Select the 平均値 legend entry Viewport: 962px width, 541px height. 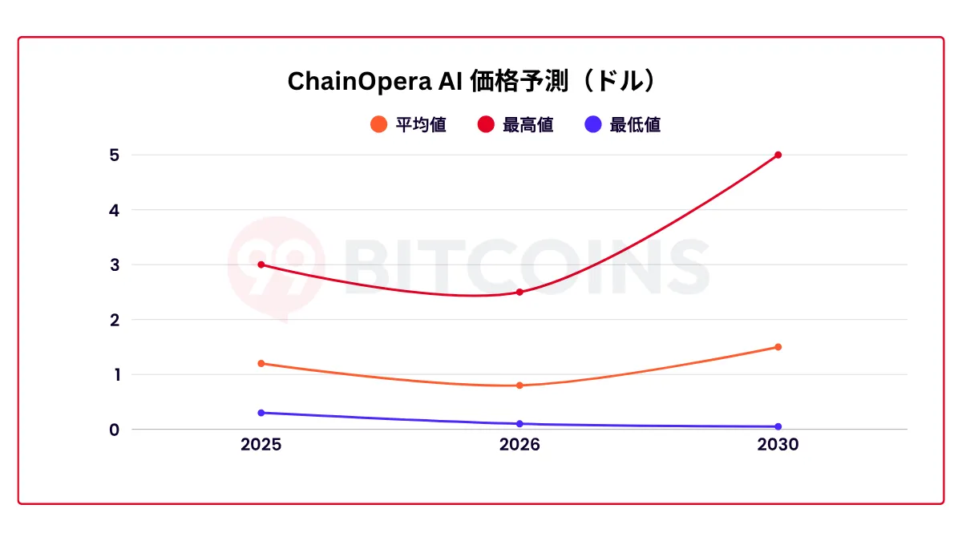(410, 125)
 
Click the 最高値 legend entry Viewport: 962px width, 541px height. (516, 125)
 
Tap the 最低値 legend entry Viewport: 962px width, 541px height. (623, 125)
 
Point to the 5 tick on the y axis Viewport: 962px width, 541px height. (114, 155)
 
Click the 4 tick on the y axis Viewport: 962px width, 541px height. (114, 210)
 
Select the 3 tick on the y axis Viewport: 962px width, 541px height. (114, 264)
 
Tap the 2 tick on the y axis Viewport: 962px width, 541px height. (114, 320)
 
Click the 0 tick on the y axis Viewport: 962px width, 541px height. (114, 430)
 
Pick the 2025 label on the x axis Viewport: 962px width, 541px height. (261, 445)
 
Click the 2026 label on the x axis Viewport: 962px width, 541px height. (519, 445)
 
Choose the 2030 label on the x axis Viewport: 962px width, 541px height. (778, 445)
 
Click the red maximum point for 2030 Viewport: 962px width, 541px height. (778, 155)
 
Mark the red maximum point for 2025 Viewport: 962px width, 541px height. (261, 264)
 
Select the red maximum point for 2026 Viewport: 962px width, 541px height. (519, 292)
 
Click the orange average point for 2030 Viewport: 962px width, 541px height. (778, 347)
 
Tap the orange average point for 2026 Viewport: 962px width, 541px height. (519, 386)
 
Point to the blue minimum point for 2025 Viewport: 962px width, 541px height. (261, 413)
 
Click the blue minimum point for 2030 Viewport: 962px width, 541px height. (778, 426)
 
